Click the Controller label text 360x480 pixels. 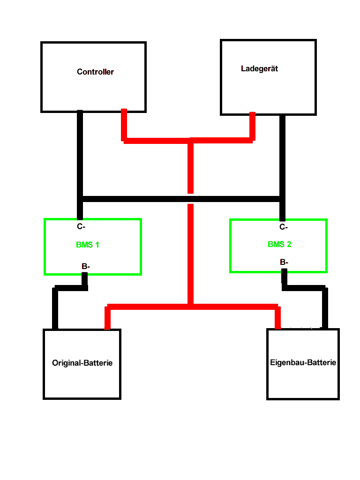coord(95,72)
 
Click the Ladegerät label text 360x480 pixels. coord(259,68)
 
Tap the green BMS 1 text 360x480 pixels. coord(88,245)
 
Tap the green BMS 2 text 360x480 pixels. coord(279,244)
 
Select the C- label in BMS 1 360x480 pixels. coord(81,227)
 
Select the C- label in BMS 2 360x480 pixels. coord(283,227)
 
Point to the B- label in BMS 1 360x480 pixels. coord(86,266)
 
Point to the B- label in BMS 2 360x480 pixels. coord(284,262)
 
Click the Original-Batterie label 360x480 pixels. coord(82,363)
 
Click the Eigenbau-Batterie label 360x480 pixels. coord(303,362)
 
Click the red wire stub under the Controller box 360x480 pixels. coord(124,124)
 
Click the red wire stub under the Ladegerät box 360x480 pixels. coord(252,126)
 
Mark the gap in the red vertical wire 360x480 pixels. coord(190,199)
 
